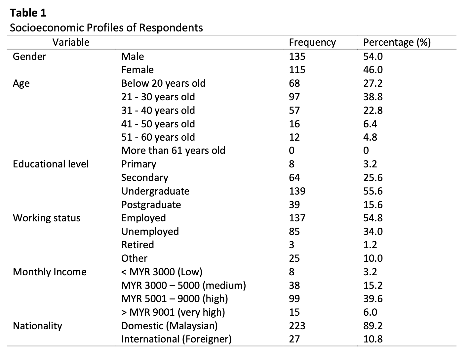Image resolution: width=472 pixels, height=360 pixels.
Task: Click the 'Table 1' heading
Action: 28,13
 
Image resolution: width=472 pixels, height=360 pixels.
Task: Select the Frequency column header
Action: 312,42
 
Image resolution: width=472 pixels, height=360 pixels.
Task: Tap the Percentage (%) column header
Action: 397,42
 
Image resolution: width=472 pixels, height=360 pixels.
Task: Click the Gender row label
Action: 29,56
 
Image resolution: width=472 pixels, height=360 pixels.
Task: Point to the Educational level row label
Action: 51,164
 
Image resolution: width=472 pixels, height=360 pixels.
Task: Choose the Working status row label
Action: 47,218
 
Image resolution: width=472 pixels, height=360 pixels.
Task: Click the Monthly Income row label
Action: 50,272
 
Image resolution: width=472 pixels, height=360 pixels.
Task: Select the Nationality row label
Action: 37,326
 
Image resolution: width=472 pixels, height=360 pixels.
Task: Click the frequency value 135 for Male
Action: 297,56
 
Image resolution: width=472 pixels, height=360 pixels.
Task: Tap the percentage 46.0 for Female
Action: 373,70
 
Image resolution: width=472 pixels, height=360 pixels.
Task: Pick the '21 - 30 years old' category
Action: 158,97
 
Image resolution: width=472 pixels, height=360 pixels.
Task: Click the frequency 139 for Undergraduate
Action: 297,191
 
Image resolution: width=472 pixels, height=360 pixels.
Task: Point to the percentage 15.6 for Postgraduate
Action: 373,204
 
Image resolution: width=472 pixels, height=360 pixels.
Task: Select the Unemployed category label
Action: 150,232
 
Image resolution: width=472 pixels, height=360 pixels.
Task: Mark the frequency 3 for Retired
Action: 292,245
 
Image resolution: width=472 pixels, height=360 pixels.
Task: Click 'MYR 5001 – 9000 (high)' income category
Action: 175,299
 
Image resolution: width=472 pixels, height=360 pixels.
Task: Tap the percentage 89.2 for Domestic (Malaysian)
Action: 373,326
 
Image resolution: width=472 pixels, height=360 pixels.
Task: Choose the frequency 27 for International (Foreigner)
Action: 294,339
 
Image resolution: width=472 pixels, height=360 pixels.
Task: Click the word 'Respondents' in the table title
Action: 171,28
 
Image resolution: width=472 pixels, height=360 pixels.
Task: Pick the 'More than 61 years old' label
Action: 173,151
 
